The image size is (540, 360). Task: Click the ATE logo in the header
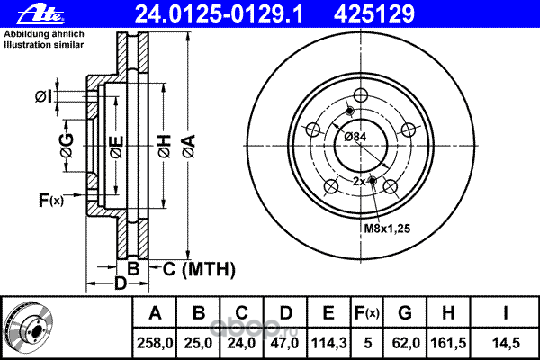click(40, 14)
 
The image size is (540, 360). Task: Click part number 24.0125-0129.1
click(219, 14)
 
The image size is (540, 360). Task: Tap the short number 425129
click(374, 14)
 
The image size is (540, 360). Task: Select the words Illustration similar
click(44, 45)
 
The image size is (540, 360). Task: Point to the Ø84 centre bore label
click(355, 137)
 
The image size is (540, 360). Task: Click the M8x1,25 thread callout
click(387, 229)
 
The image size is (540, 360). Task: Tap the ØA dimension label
click(189, 147)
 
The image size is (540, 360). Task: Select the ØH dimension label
click(165, 147)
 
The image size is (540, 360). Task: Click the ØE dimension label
click(117, 147)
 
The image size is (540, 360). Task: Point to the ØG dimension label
click(67, 146)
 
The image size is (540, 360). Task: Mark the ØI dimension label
click(44, 96)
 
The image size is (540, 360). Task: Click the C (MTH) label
click(199, 269)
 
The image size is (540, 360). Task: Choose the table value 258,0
click(155, 343)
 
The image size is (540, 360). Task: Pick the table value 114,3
click(328, 343)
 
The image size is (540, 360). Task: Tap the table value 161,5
click(448, 343)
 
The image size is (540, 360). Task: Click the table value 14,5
click(505, 343)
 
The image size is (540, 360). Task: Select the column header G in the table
click(405, 313)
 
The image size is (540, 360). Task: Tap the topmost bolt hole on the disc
click(361, 95)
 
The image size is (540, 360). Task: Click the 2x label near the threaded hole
click(359, 181)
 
